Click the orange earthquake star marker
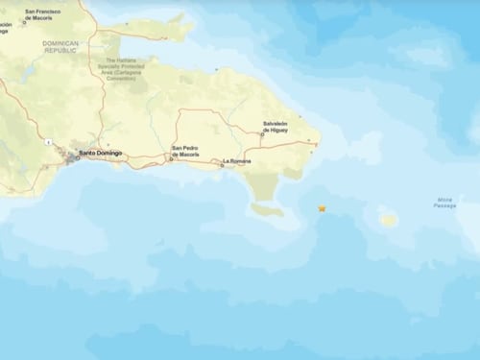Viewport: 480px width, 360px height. click(323, 207)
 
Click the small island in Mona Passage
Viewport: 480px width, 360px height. click(389, 220)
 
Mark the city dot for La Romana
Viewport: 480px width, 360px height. click(222, 164)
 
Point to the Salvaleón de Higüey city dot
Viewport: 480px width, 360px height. click(263, 134)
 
